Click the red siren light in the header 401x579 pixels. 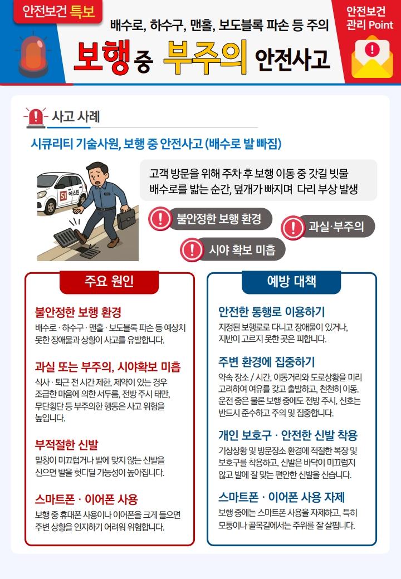[x=33, y=55]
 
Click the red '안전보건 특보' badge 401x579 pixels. [x=58, y=12]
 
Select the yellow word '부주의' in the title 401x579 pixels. [x=206, y=57]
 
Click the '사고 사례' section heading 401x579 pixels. [x=76, y=117]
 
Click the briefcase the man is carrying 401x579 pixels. [x=126, y=219]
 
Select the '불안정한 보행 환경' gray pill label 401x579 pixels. [x=219, y=219]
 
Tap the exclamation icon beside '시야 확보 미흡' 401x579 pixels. [x=192, y=250]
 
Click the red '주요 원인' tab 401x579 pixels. [x=109, y=282]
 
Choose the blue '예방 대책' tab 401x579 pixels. [x=291, y=282]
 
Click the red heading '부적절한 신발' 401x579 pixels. [x=66, y=445]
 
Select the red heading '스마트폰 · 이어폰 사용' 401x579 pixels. [x=86, y=499]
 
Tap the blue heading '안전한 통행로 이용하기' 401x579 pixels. [x=271, y=312]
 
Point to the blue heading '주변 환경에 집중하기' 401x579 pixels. [x=266, y=362]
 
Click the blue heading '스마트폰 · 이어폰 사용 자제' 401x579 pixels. [x=281, y=497]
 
